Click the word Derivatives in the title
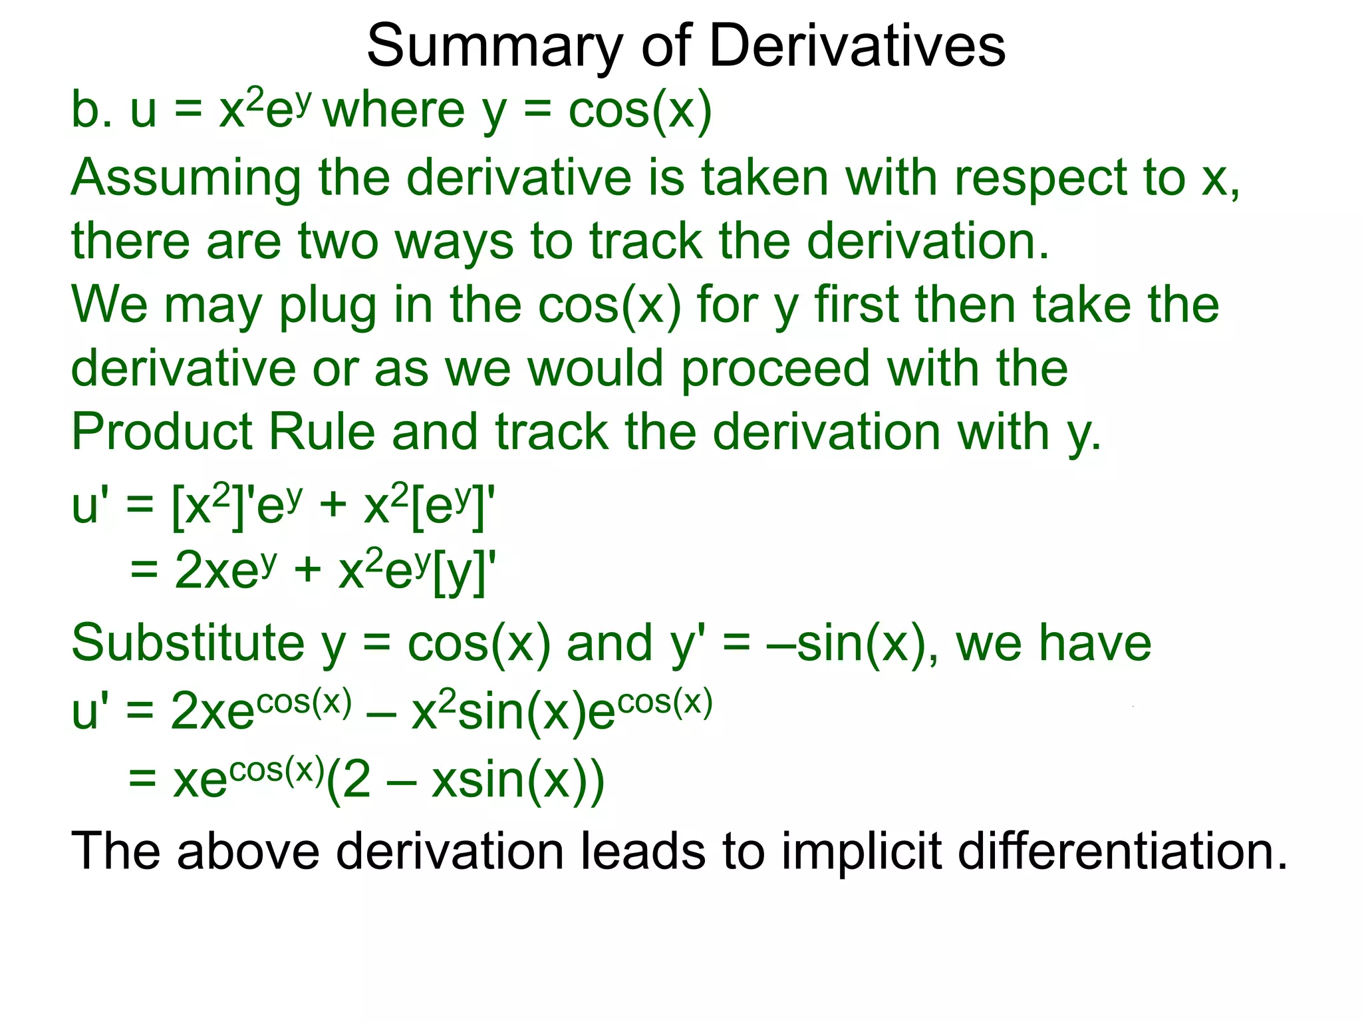point(858,45)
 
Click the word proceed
point(775,369)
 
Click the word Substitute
point(188,643)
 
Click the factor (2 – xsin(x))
point(466,780)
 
